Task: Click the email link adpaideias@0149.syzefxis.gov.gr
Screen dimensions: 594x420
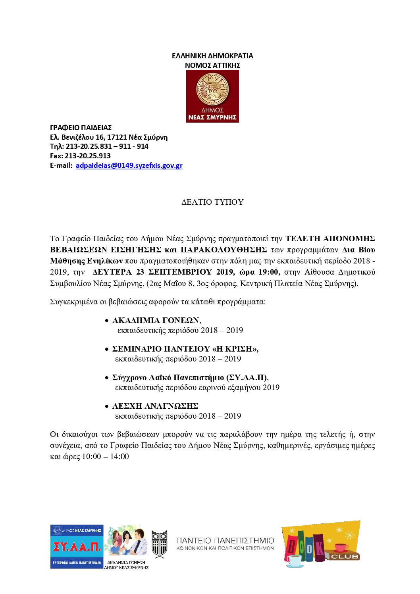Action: coord(129,165)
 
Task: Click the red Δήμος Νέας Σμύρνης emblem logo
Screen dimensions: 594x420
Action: coord(212,96)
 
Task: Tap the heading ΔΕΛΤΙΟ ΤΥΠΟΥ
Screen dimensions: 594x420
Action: coord(212,202)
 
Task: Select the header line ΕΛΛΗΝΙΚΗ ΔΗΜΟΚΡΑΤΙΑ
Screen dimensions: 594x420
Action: coord(212,56)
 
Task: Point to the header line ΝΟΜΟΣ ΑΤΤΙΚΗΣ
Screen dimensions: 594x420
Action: coord(212,65)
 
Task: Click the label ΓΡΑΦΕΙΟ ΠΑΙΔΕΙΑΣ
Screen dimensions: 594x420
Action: coord(81,128)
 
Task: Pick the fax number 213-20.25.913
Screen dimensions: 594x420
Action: coord(88,156)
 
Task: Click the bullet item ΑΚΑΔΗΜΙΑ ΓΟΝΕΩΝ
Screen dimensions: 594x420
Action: coord(156,321)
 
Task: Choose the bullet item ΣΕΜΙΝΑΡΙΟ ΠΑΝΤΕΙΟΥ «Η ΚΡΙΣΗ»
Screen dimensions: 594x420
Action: coord(185,349)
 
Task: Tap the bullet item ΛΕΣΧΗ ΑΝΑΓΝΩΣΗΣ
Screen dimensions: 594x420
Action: coord(155,406)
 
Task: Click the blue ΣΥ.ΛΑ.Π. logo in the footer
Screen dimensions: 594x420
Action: coord(77,547)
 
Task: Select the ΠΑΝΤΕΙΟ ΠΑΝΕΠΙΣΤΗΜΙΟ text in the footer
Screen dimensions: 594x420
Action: coord(225,541)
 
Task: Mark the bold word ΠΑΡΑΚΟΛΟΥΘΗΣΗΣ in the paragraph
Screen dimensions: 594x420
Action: coord(223,250)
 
